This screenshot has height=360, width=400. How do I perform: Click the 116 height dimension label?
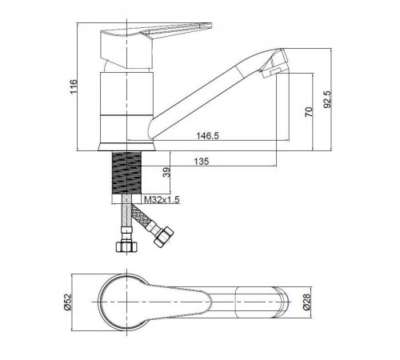point(74,86)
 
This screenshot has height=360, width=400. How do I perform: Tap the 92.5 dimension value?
point(327,99)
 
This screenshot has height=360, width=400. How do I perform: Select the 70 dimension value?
point(309,112)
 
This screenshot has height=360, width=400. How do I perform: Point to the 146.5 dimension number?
point(207,136)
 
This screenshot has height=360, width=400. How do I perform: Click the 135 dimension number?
point(202,162)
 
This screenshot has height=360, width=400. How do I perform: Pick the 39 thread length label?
point(166,172)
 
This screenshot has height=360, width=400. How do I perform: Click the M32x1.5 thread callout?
point(162,199)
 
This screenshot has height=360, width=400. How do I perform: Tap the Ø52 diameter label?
point(68,302)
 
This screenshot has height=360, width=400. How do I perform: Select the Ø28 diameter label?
point(306,302)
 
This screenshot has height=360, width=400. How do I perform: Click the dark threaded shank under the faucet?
point(126,173)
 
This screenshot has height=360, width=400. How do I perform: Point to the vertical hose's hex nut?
point(126,246)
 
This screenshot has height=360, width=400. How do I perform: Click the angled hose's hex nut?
point(163,237)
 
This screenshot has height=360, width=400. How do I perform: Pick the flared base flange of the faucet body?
point(126,147)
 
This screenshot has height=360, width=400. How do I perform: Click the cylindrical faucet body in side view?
point(126,107)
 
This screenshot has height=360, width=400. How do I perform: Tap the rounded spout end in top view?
point(282,302)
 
